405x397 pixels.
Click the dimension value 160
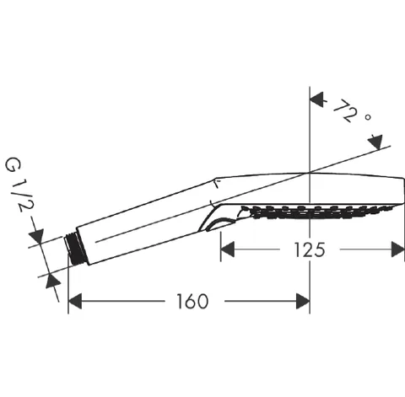pos(192,301)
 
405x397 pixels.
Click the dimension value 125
pos(310,249)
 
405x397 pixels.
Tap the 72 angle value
pos(345,110)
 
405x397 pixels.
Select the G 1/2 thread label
pos(19,185)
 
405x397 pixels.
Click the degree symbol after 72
pos(368,117)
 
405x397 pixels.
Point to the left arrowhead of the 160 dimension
pos(75,301)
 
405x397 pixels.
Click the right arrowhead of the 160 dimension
pos(303,301)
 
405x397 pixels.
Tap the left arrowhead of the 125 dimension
pos(228,249)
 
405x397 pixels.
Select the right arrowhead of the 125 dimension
pos(398,249)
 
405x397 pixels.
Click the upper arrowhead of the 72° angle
pos(317,99)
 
